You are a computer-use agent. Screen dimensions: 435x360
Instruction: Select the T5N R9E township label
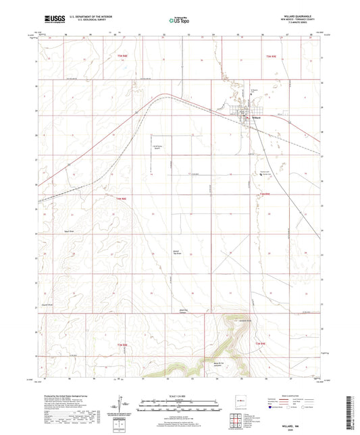click(x=271, y=56)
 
